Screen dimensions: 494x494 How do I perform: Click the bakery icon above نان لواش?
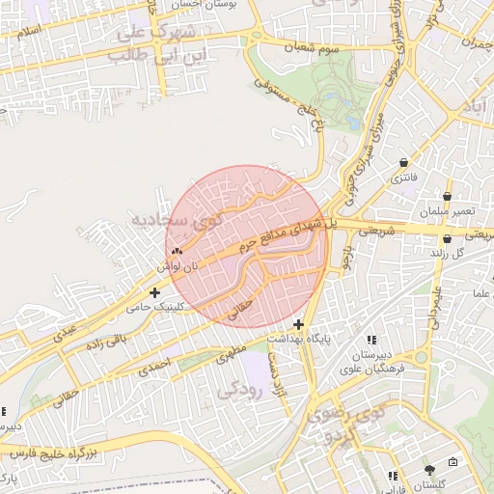176,251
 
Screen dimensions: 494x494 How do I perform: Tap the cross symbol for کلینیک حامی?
154,291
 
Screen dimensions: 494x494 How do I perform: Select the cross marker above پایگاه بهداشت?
299,324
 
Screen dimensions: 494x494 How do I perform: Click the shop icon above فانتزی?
401,162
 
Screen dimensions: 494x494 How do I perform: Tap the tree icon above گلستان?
428,470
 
